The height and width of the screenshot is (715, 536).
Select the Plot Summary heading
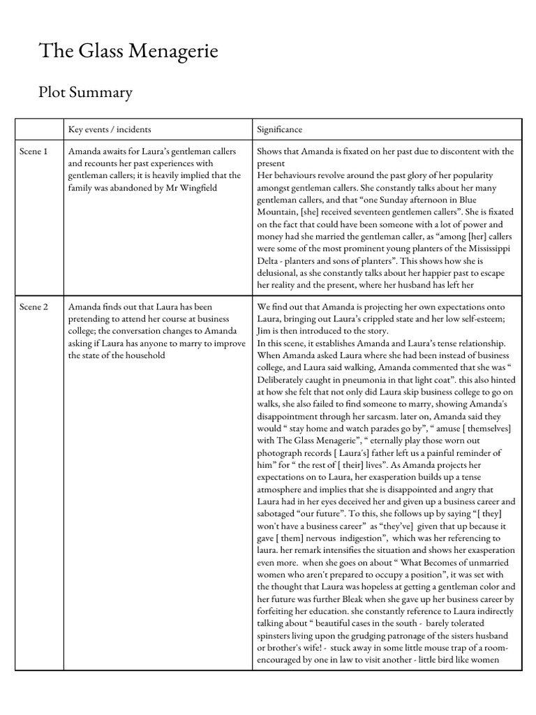(x=85, y=92)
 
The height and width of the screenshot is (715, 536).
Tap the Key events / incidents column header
(x=110, y=130)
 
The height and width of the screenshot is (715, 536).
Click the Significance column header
(x=280, y=130)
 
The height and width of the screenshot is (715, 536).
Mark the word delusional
(x=281, y=273)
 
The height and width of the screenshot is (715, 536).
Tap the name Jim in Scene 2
(x=265, y=331)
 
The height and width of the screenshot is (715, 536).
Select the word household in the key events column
(x=144, y=355)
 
